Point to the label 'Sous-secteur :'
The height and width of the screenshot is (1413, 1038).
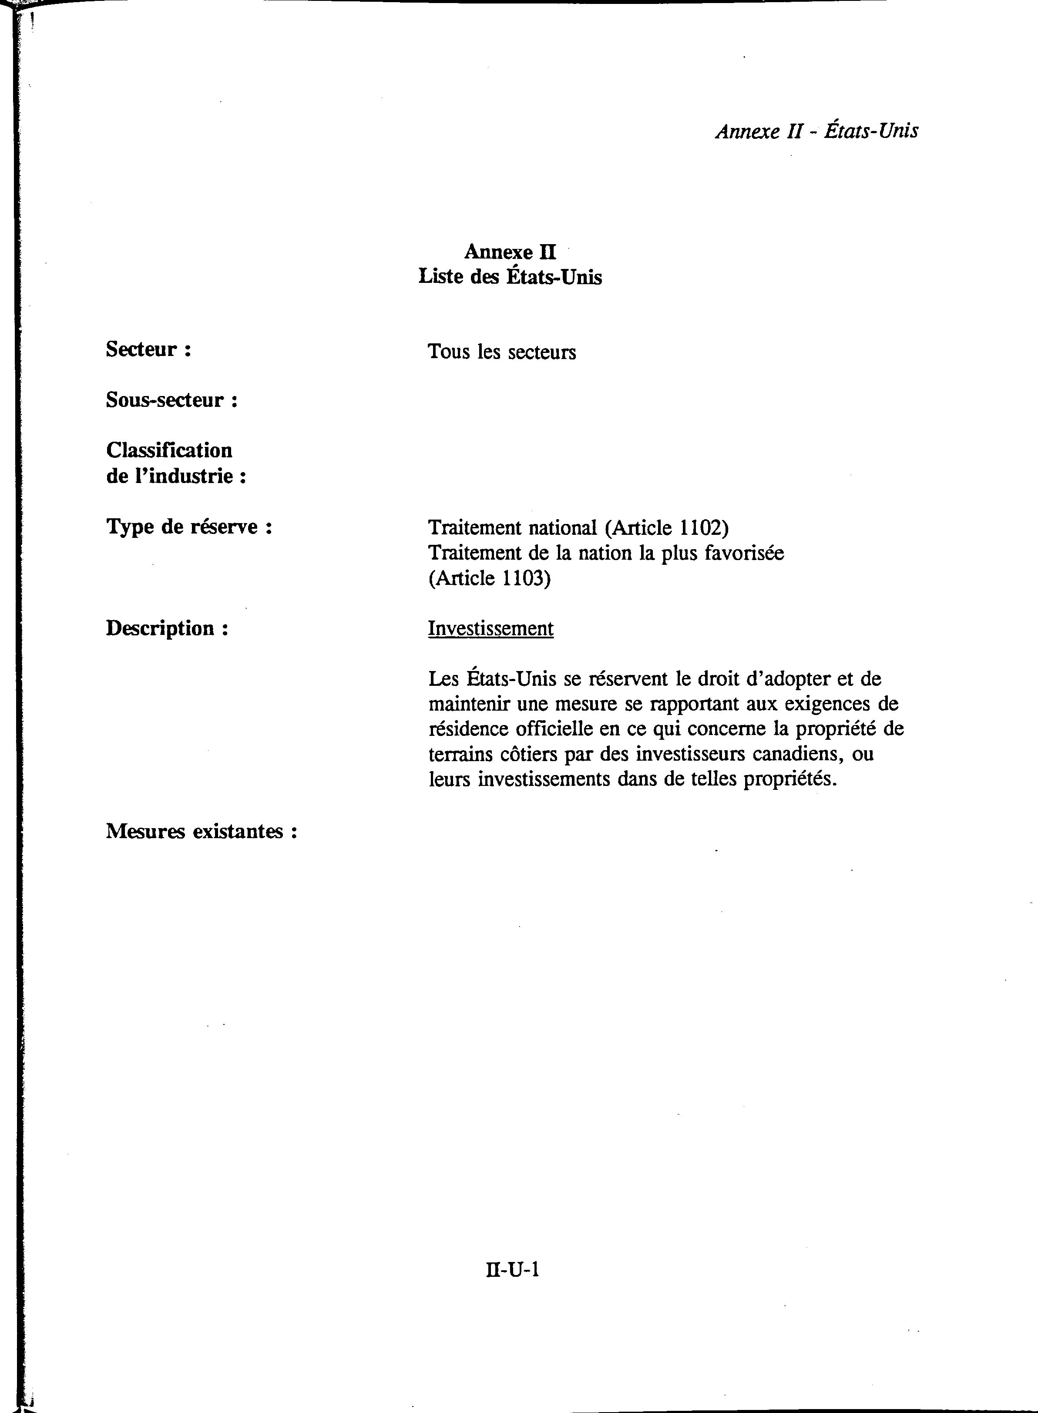(x=171, y=399)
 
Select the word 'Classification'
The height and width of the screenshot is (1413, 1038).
(x=169, y=450)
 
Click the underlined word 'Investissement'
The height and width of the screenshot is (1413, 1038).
(x=491, y=628)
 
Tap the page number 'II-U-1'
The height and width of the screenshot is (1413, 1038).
(x=513, y=1270)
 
